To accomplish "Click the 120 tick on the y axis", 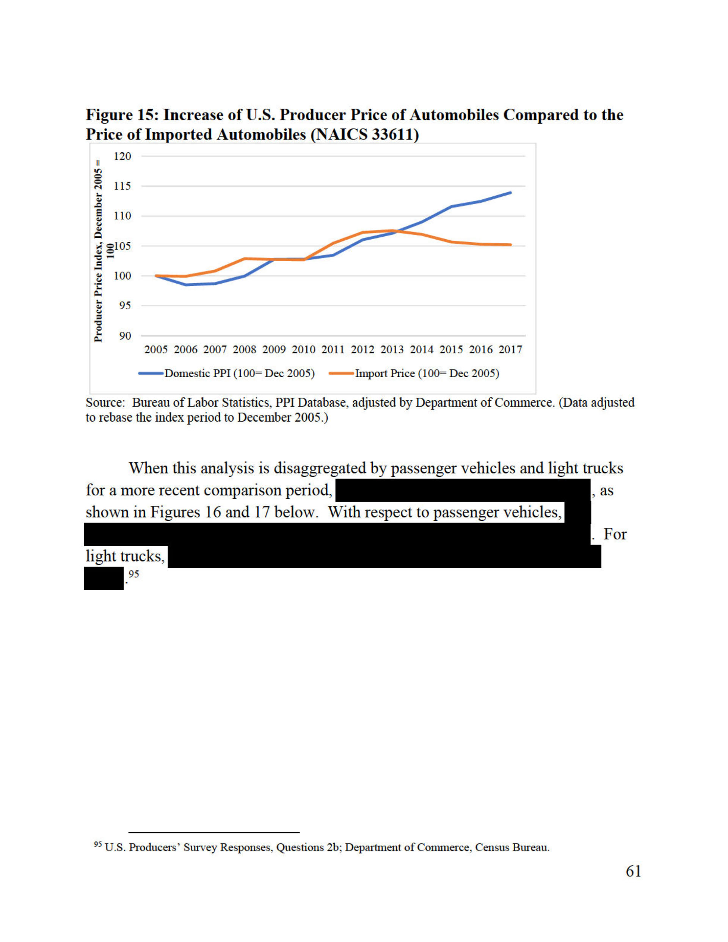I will tap(122, 156).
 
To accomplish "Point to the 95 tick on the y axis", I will tap(125, 306).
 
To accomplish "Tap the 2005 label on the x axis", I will tap(156, 350).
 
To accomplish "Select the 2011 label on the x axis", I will tap(333, 350).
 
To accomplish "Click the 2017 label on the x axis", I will tap(510, 350).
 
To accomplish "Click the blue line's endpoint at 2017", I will tap(510, 193).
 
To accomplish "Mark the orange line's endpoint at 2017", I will tap(510, 245).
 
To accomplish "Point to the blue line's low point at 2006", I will tap(185, 285).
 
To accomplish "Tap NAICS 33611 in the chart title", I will tap(365, 135).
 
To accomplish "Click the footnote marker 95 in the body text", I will tap(134, 574).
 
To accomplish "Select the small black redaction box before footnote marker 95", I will tap(104, 578).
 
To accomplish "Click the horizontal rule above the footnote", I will tap(213, 832).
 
